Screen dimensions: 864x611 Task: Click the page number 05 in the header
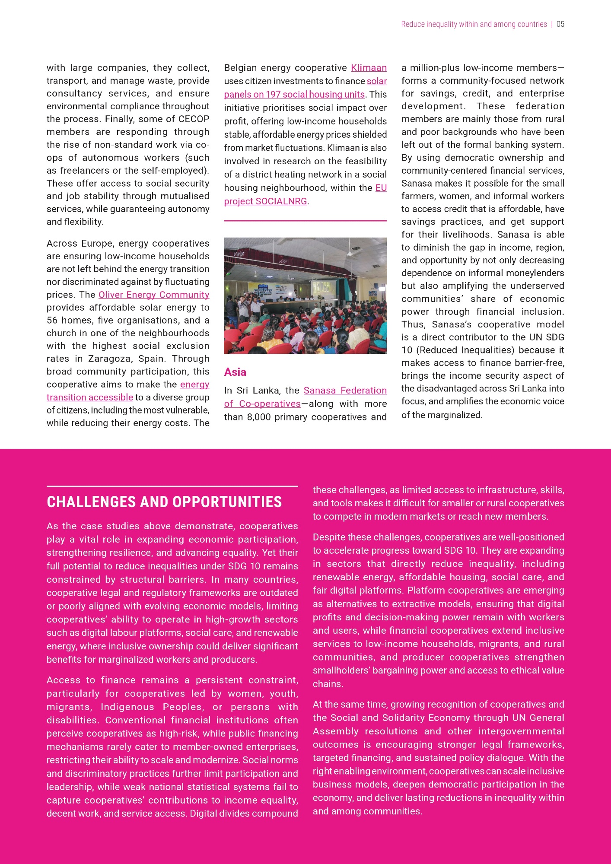click(x=560, y=24)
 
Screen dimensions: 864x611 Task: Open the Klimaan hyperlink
click(x=369, y=68)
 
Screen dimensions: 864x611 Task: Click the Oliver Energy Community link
click(x=154, y=295)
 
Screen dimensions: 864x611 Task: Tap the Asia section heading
click(x=235, y=372)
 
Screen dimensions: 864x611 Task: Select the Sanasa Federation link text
click(x=345, y=391)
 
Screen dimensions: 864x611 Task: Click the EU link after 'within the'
click(x=381, y=188)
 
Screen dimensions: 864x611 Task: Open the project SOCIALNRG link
click(x=265, y=201)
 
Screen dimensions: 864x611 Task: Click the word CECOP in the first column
click(x=194, y=119)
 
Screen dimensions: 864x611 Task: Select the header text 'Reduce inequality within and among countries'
click(x=474, y=24)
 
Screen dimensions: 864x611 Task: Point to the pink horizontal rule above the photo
click(x=305, y=221)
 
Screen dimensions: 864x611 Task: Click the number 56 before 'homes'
click(x=52, y=321)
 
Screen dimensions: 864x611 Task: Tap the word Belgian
click(x=240, y=68)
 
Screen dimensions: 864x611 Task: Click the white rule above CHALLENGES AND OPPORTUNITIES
click(x=172, y=486)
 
